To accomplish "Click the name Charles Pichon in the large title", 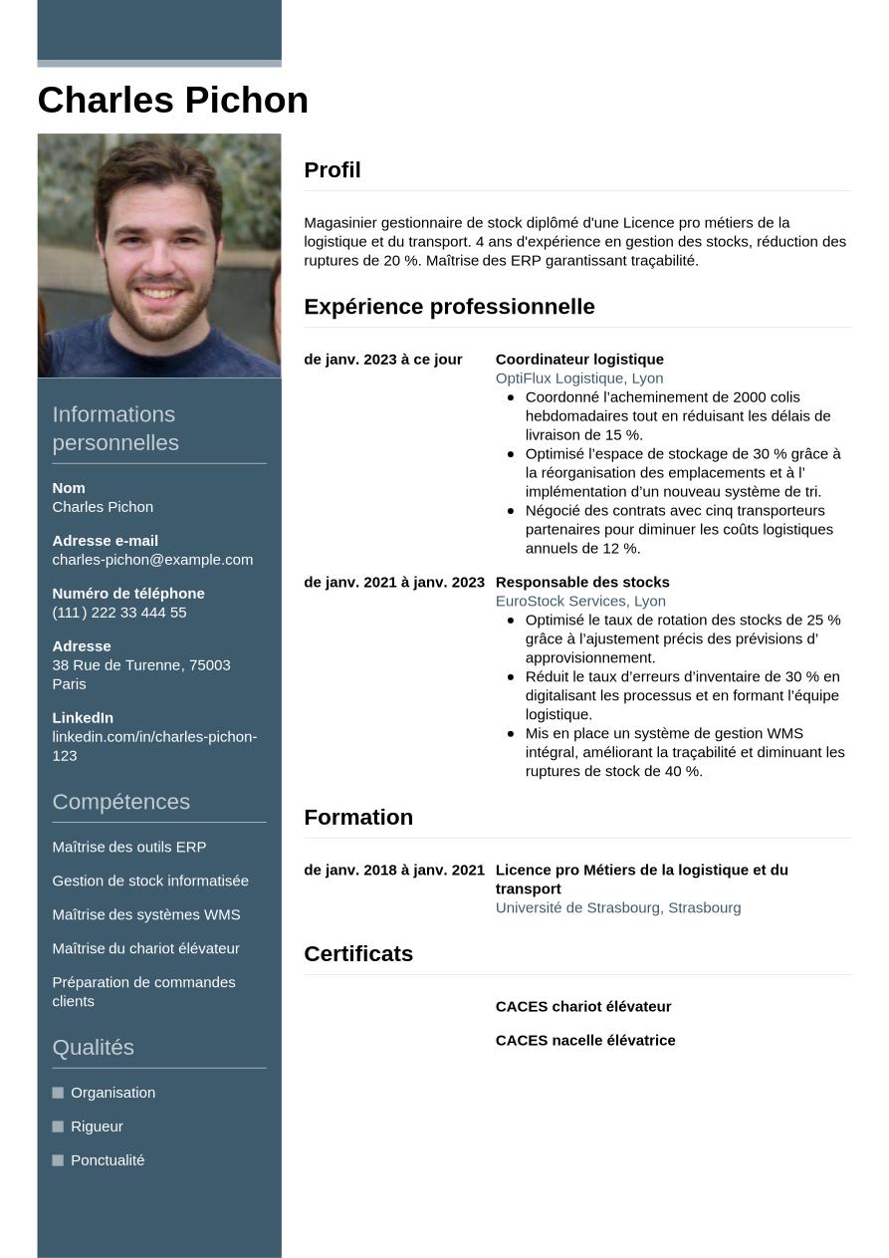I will [x=172, y=101].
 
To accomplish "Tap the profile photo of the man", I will [x=159, y=256].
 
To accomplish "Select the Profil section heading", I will [x=333, y=170].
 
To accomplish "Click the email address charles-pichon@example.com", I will [x=152, y=560].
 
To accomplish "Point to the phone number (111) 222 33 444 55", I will [x=119, y=613].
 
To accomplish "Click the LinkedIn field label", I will [x=83, y=718].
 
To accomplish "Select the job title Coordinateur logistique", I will [x=579, y=360].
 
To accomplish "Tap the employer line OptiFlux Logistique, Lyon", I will [x=579, y=378].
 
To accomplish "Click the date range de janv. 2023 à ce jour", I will [x=383, y=360].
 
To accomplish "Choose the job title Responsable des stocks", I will [x=582, y=583].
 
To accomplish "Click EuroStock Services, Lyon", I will [x=580, y=602].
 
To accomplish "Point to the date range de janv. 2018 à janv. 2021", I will [x=394, y=871].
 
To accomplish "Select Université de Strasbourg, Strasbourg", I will [x=618, y=908].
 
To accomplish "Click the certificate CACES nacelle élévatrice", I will [x=585, y=1041].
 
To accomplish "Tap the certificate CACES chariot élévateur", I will [x=583, y=1007].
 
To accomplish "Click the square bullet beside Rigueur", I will [x=58, y=1127].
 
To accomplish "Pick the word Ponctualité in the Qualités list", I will [x=108, y=1160].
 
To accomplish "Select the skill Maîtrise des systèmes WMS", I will [x=146, y=915].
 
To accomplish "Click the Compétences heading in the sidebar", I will [x=120, y=802].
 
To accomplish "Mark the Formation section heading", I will [x=358, y=818].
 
